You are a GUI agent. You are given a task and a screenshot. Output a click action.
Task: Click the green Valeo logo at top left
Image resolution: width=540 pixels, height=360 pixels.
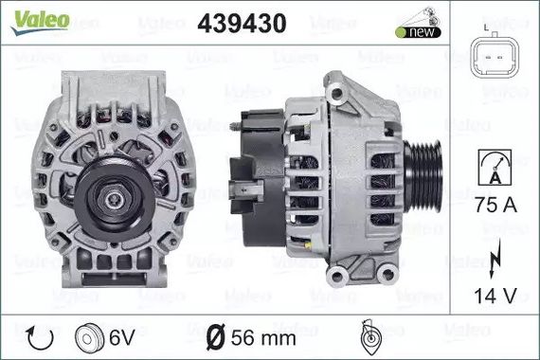click(x=41, y=22)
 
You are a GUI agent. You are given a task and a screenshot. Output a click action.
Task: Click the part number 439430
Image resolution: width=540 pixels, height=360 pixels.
click(x=242, y=24)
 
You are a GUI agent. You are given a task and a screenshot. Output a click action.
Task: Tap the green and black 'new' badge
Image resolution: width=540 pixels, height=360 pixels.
click(x=418, y=32)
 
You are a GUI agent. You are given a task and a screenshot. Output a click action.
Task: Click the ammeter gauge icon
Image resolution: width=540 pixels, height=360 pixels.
click(x=495, y=167)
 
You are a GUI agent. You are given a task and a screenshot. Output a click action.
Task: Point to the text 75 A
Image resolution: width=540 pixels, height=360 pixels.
click(x=495, y=205)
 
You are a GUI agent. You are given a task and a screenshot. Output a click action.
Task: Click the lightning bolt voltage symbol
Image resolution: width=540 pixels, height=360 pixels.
click(x=495, y=259)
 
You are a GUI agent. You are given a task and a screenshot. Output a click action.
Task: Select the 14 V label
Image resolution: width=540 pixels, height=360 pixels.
click(x=495, y=296)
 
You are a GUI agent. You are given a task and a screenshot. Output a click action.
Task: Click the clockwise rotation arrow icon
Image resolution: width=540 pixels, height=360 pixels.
click(x=40, y=338)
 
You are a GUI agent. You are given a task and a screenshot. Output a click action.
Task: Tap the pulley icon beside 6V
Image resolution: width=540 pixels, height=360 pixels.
click(x=89, y=339)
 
